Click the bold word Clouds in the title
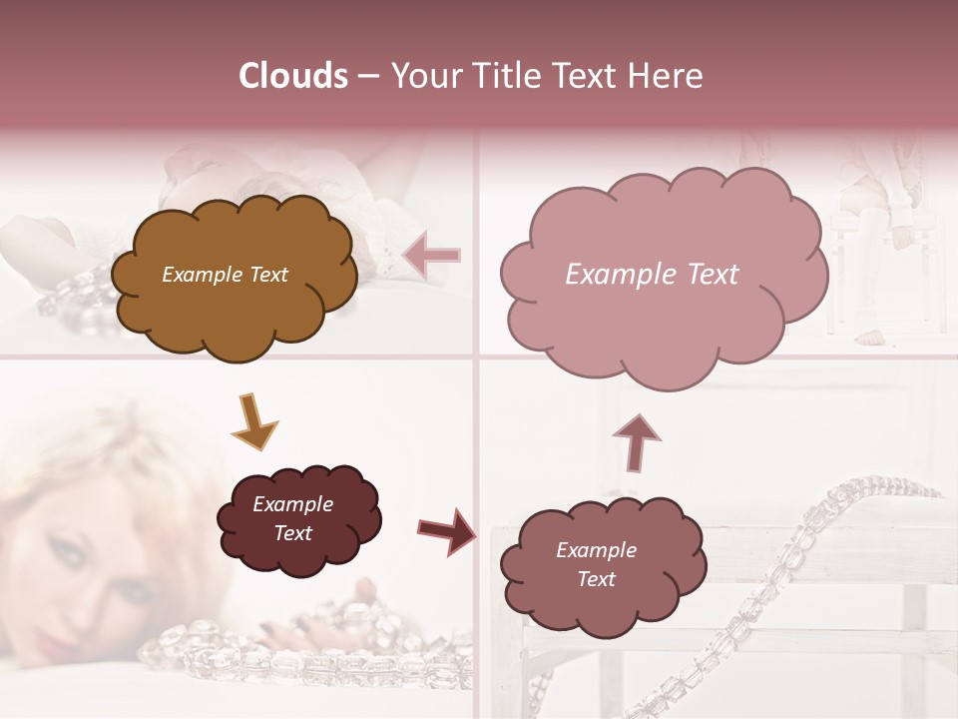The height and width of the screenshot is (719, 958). tap(292, 76)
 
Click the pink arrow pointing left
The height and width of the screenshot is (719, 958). tap(432, 256)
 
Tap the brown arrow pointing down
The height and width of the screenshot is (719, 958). tap(252, 420)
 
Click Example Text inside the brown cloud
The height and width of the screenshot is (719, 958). tap(225, 275)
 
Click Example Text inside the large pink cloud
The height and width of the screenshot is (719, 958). tap(652, 275)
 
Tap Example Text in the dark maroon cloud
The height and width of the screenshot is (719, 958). tap(292, 518)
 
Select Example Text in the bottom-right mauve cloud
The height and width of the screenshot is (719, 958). tap(596, 564)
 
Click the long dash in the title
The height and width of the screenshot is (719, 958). tap(367, 77)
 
